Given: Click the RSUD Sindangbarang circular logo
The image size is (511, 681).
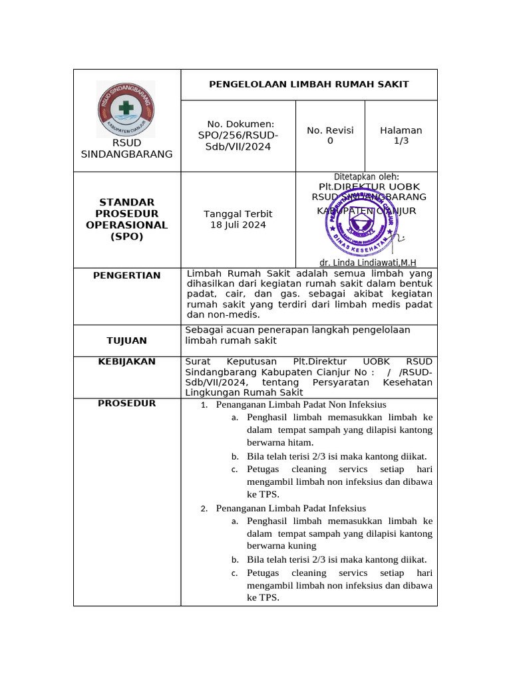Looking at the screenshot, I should pos(126,109).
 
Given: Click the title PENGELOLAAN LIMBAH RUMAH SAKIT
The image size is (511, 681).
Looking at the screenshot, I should pos(309,84).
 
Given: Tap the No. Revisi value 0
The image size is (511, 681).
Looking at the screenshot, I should pos(330,141).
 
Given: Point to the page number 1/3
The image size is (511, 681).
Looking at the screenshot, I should pos(401,141).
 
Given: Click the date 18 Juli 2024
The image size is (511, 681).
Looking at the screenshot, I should pos(238,225).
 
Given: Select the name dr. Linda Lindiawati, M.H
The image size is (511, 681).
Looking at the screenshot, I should pos(368,263).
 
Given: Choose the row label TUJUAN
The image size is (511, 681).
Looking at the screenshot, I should pos(126,340).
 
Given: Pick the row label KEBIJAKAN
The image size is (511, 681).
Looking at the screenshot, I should pos(126,362).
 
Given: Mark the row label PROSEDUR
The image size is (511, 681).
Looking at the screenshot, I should pos(126,403).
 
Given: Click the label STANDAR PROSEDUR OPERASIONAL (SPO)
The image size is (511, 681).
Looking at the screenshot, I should pos(126,219).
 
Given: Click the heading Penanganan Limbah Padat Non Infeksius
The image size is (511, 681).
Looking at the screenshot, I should pos(301,404).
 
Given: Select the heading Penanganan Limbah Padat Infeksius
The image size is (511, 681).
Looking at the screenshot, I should pos(291,509).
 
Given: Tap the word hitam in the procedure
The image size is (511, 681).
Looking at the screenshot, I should pos(299,442).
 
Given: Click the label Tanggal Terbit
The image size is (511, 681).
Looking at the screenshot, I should pos(238,213).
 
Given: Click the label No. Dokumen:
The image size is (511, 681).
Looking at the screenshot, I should pos(240,124).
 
